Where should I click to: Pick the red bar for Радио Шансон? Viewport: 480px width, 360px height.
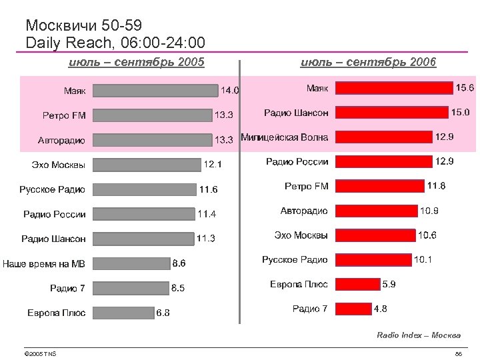point(391,113)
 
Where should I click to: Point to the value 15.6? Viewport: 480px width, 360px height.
point(464,88)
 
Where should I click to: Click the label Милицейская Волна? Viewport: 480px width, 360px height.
point(284,137)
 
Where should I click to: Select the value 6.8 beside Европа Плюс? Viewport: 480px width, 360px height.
point(163,313)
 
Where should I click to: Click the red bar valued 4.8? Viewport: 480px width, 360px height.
point(353,309)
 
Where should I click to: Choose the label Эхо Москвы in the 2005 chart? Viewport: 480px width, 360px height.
point(59,165)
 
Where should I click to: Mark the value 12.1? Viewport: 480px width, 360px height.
point(213,165)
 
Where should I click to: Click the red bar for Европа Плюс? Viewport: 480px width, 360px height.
point(357,284)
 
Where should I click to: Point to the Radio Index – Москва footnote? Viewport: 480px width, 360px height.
point(418,335)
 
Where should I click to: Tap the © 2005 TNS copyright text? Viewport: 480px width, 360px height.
point(39,353)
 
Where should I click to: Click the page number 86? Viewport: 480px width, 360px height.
point(458,353)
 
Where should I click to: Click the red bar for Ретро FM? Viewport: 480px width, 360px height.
point(379,186)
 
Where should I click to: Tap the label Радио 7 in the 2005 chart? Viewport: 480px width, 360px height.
point(67,288)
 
